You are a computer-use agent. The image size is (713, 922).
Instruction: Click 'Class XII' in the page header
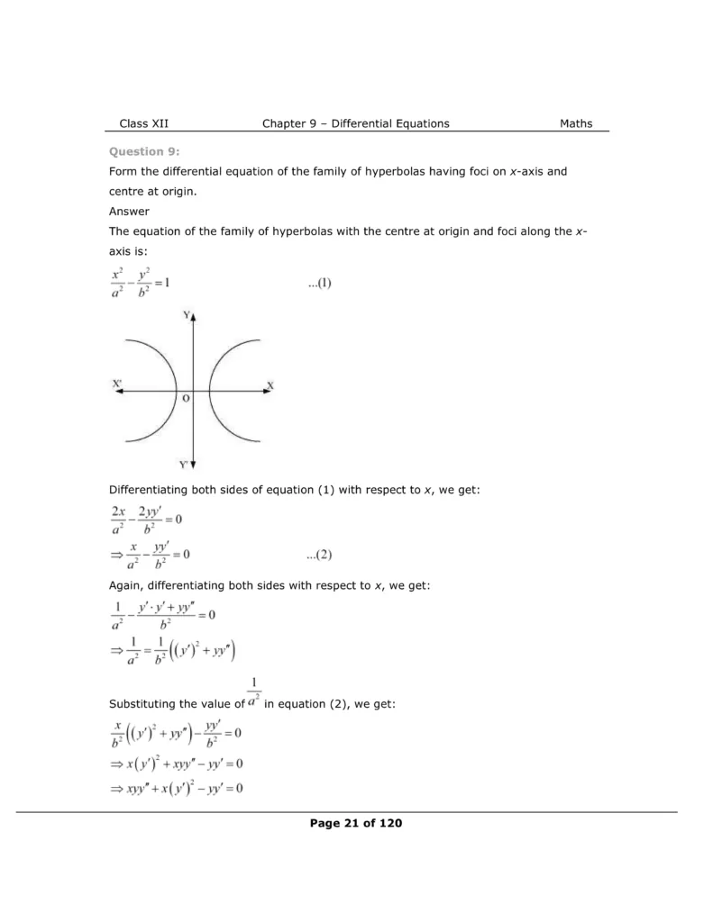(x=144, y=123)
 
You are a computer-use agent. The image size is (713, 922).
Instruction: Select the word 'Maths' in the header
(x=576, y=123)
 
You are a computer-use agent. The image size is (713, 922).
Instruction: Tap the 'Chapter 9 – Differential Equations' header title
(x=355, y=123)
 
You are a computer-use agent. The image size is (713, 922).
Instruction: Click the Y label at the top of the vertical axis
(x=186, y=315)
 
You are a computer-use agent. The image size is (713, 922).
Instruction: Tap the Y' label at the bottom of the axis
(x=183, y=466)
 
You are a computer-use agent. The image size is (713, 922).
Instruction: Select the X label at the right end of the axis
(x=270, y=385)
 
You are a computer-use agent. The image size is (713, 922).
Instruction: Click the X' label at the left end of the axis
(x=117, y=384)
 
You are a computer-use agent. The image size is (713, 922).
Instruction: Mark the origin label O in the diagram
(x=186, y=398)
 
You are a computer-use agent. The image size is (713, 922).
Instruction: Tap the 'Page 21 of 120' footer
(x=355, y=822)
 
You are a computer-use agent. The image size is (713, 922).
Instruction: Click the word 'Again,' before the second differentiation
(x=127, y=585)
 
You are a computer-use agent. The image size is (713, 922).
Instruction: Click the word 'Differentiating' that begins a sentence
(x=151, y=490)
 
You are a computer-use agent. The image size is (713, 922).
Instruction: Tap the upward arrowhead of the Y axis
(x=194, y=316)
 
